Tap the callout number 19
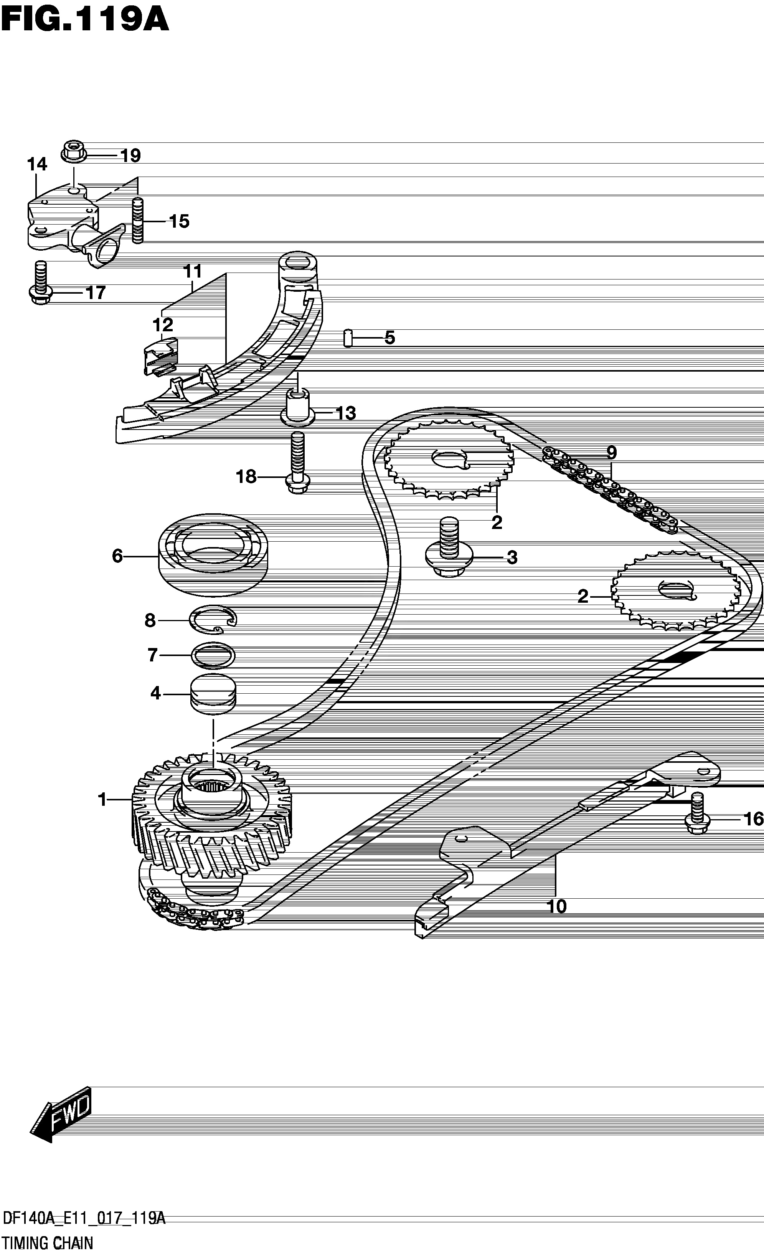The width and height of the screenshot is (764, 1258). point(130,155)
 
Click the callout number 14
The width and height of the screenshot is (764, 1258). point(37,164)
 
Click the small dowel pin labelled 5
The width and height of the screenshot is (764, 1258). point(348,338)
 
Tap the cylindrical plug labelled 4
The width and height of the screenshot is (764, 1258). point(213,693)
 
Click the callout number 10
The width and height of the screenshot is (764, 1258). point(557,907)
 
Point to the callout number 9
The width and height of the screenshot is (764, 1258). point(611,452)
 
